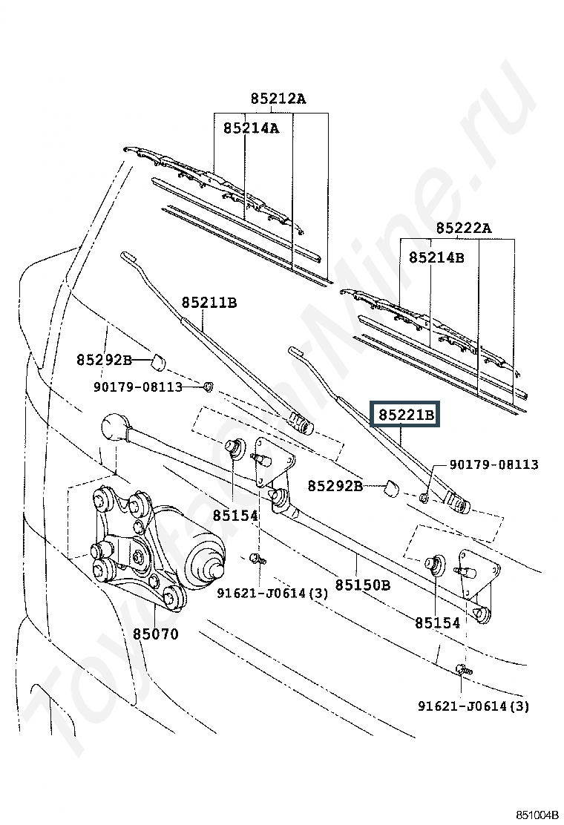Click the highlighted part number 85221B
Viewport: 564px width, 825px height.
pos(406,415)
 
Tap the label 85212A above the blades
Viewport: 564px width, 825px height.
pos(278,99)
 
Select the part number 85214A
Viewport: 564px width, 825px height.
pos(251,128)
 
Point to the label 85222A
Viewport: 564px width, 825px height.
pos(464,228)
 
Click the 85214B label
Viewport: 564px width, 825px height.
pos(436,257)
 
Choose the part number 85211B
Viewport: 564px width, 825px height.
pos(209,303)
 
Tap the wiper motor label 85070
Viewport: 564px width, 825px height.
pos(155,634)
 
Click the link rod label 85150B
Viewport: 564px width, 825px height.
pos(362,585)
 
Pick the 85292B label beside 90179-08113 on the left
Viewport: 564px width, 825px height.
pos(104,360)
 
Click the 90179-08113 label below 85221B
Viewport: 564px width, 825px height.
pos(493,464)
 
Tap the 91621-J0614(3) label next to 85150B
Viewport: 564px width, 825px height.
pos(272,593)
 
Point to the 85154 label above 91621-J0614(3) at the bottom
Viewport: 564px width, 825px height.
pos(437,623)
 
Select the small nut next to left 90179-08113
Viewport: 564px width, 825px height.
pos(209,387)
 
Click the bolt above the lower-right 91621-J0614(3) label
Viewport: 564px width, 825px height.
pos(463,670)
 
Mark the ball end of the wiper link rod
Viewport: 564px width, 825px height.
pos(115,427)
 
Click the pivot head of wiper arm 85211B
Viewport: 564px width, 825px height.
pos(301,423)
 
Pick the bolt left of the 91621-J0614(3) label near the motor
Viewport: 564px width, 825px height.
pos(258,558)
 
